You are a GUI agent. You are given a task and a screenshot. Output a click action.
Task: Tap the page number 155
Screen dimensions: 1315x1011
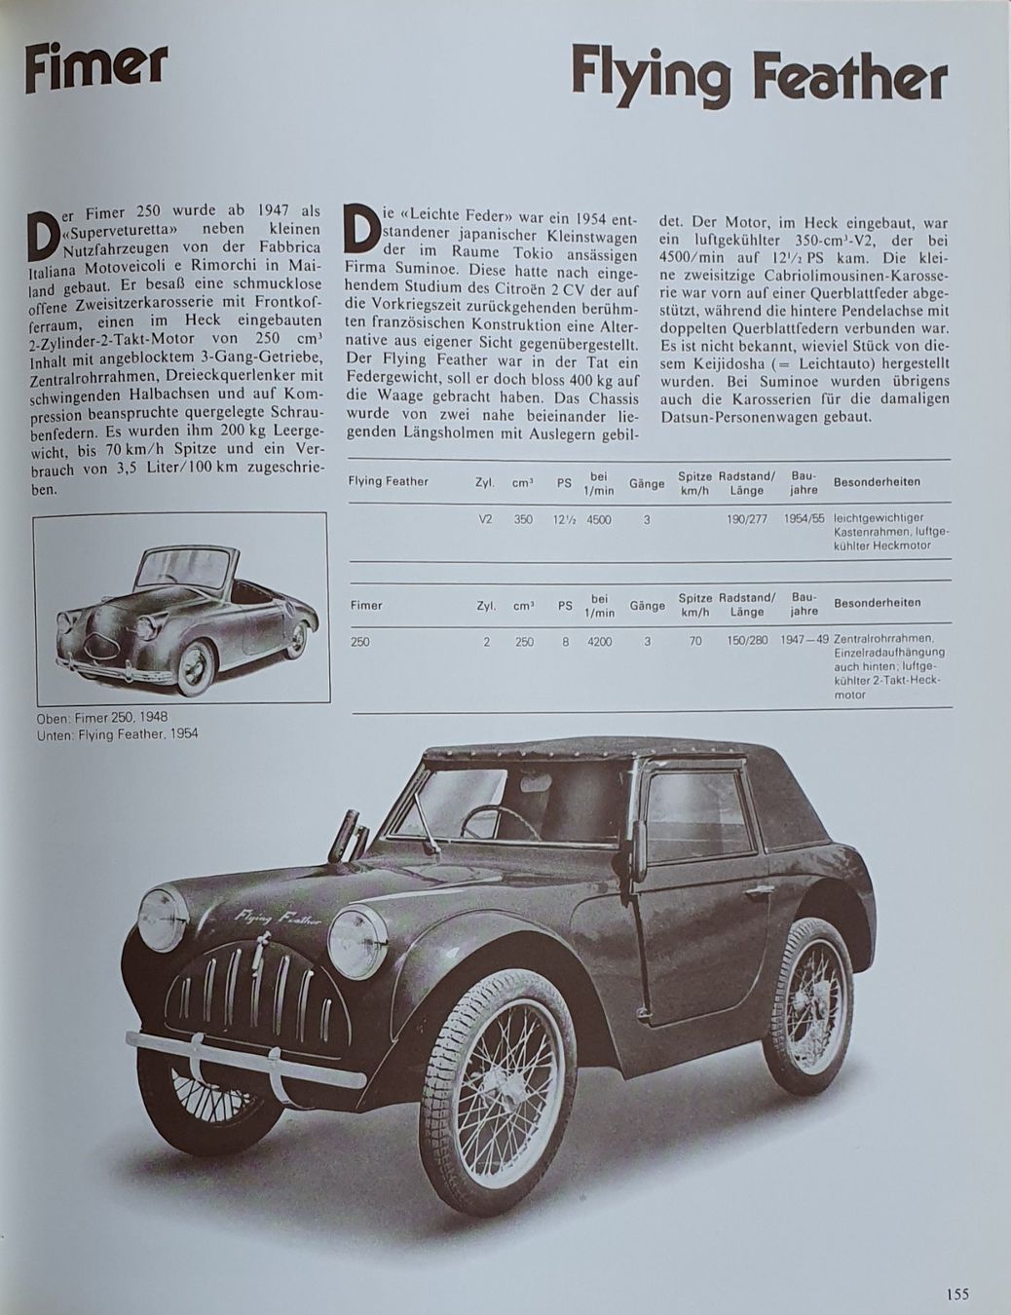pos(956,1295)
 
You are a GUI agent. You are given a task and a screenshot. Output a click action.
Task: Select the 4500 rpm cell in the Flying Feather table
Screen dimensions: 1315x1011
pos(599,520)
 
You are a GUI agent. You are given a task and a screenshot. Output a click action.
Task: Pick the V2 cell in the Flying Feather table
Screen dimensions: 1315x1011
pos(486,520)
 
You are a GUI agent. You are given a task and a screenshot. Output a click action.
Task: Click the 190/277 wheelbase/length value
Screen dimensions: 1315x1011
pos(746,520)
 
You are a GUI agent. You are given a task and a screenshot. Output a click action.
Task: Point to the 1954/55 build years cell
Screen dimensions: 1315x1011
pos(805,520)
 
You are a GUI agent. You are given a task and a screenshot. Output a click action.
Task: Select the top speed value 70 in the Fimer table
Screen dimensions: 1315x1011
pos(694,643)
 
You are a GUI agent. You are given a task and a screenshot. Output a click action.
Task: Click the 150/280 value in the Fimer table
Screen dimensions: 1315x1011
pos(746,643)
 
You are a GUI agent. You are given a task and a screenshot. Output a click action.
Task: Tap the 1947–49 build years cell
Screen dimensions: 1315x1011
pos(805,643)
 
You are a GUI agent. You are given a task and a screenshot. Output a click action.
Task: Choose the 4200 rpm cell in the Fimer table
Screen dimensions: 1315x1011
pos(599,643)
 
